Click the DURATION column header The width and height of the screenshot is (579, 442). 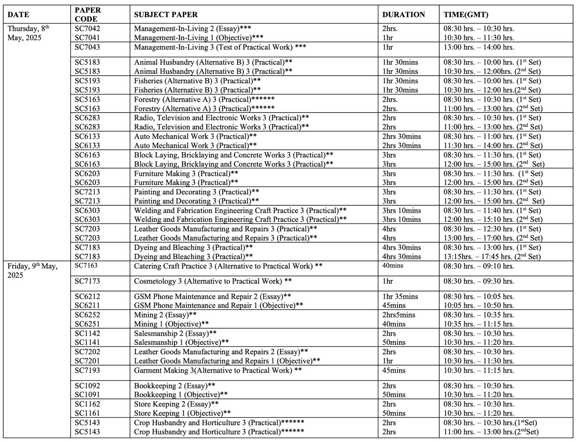[x=403, y=15]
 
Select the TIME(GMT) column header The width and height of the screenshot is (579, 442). [x=466, y=15]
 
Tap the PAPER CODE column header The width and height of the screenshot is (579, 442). [x=88, y=15]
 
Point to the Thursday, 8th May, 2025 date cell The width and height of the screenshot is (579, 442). [x=28, y=33]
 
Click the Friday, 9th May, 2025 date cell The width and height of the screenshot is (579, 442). [x=32, y=270]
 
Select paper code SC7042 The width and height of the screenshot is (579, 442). [x=87, y=29]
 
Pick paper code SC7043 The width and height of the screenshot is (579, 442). [x=87, y=47]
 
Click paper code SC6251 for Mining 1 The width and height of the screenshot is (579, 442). [x=87, y=324]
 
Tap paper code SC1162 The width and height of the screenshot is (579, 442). [x=87, y=404]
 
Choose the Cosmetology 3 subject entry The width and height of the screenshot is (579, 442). [x=213, y=281]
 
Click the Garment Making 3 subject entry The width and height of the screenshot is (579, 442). [x=218, y=370]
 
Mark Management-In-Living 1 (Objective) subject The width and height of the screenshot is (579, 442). [x=199, y=38]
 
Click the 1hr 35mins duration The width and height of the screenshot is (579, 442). [x=400, y=297]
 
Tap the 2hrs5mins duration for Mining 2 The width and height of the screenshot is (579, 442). [x=398, y=315]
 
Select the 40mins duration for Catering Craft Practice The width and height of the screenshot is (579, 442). [x=392, y=266]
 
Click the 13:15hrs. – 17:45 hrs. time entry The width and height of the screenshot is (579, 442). [x=492, y=257]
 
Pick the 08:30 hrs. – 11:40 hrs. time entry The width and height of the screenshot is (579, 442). [x=492, y=211]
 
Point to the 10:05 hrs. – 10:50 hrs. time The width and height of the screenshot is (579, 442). [x=479, y=306]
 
